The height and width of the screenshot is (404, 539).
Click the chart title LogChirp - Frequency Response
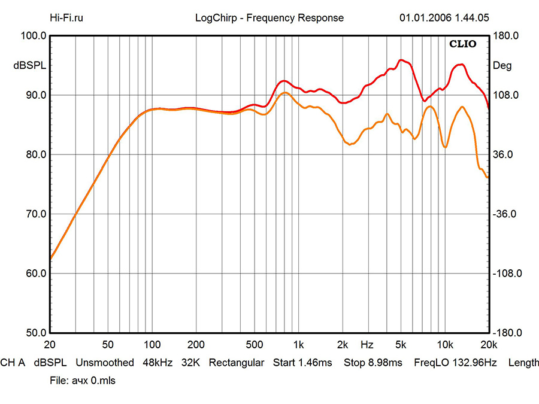coord(269,18)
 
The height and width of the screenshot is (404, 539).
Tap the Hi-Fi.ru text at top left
coord(66,18)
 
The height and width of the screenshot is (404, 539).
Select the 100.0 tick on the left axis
coord(34,36)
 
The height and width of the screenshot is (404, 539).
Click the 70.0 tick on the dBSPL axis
coord(34,214)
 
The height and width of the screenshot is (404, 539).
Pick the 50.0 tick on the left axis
coord(34,333)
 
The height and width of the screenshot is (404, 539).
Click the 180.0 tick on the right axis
coord(504,36)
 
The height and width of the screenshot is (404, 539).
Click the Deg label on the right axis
coord(502,66)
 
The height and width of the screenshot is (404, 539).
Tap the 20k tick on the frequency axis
coord(488,345)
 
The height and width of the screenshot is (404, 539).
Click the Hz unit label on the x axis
coord(367,345)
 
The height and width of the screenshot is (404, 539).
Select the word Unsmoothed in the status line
coord(105,363)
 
